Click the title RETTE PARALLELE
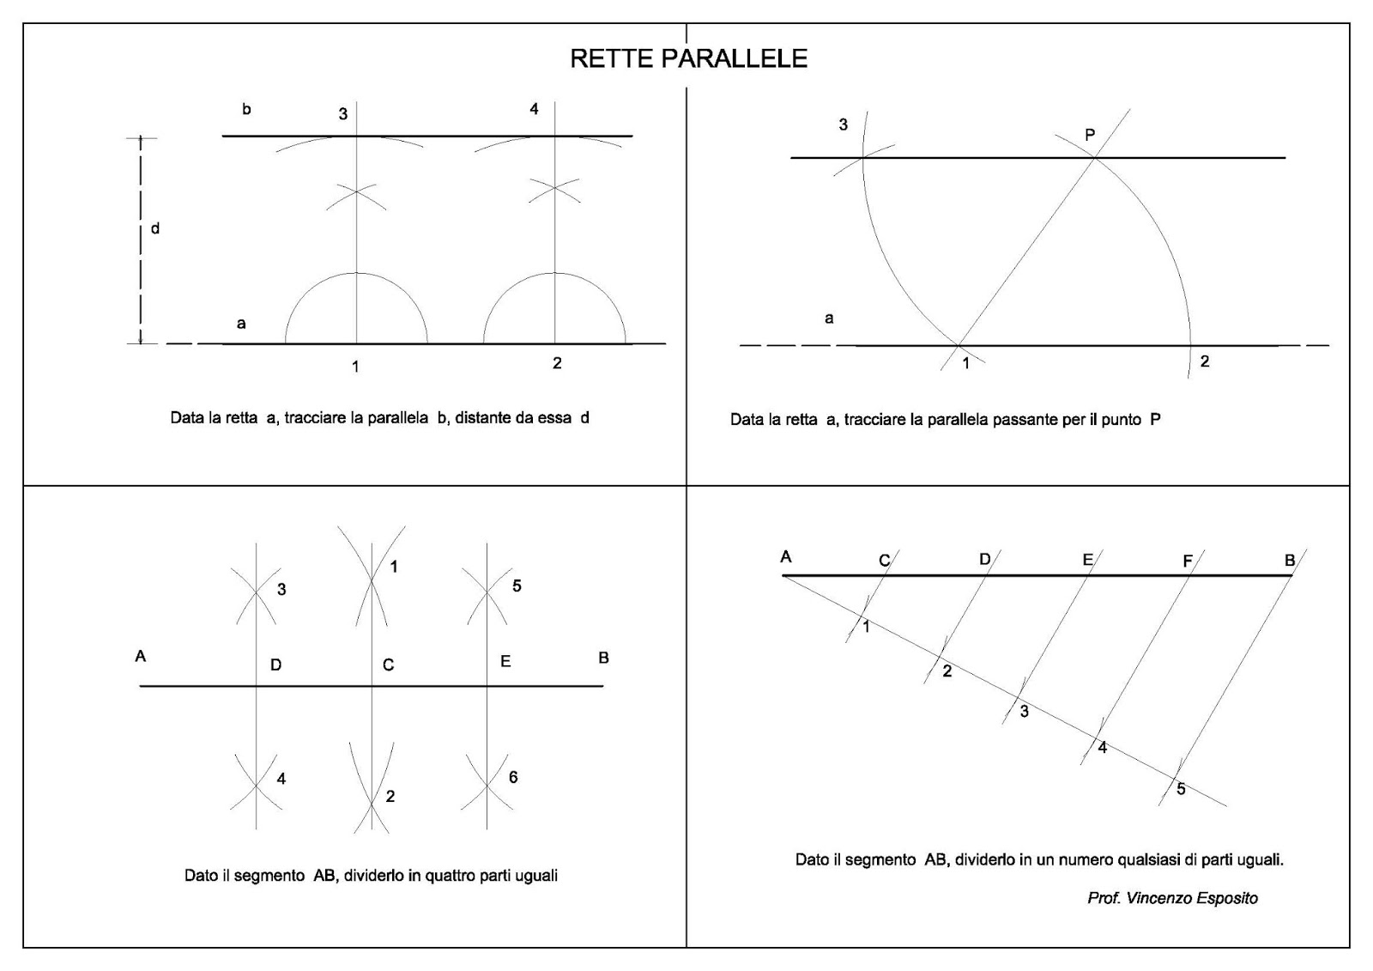(688, 58)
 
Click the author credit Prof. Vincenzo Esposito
(1172, 898)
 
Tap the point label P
(1090, 135)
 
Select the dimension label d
(155, 229)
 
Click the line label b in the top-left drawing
(246, 110)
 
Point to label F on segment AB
(1188, 561)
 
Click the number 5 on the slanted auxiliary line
(1181, 789)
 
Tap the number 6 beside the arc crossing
(513, 777)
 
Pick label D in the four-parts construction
(275, 665)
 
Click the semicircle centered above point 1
(356, 275)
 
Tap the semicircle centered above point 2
(554, 275)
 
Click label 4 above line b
(534, 110)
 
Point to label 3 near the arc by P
(843, 125)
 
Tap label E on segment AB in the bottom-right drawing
(1087, 560)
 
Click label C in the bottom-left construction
(388, 665)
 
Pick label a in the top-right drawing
(829, 319)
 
